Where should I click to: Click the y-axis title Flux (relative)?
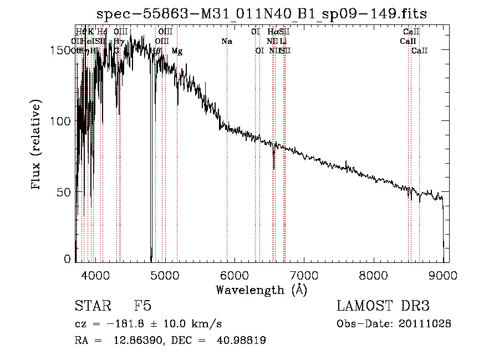point(37,145)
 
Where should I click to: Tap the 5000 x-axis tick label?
point(164,274)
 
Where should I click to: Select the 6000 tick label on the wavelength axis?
point(234,274)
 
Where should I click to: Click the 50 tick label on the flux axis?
point(65,192)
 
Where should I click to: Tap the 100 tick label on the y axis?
point(62,121)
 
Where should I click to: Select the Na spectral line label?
point(226,42)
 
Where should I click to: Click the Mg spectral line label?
point(177,51)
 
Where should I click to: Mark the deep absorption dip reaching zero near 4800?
point(151,256)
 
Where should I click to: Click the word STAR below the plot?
point(90,306)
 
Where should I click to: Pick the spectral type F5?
point(142,306)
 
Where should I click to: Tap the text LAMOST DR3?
point(383,306)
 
